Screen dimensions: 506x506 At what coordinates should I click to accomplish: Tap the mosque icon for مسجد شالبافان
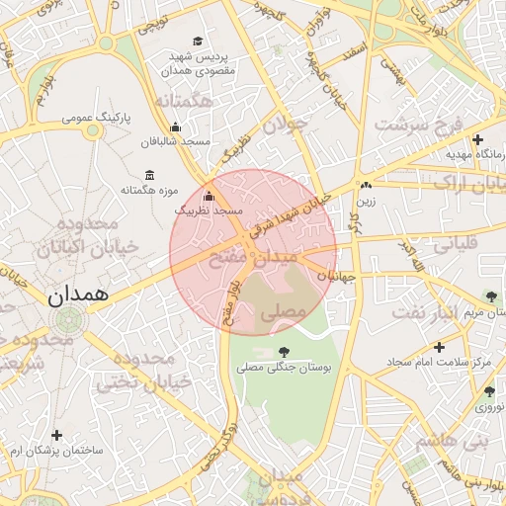[x=176, y=126]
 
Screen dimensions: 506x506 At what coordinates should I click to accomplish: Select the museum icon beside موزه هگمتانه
[x=149, y=174]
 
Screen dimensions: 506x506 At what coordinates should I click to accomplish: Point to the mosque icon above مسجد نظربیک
[x=208, y=196]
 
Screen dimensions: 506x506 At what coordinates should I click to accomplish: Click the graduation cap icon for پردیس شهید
[x=198, y=41]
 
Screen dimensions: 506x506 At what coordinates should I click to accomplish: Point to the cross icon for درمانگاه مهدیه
[x=478, y=139]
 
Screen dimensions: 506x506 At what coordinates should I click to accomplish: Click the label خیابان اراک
[x=463, y=184]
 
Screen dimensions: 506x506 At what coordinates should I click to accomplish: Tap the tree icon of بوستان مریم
[x=491, y=296]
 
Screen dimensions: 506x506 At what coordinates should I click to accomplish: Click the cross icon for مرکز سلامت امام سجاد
[x=438, y=347]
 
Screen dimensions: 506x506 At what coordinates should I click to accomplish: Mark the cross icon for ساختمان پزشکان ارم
[x=57, y=435]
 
